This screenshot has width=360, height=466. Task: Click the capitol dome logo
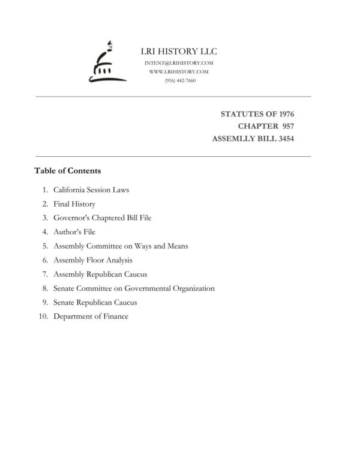click(106, 62)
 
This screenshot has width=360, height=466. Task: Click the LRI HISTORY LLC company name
click(179, 51)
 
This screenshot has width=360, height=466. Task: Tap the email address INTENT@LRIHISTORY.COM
click(179, 63)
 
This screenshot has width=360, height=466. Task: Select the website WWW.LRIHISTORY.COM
click(179, 71)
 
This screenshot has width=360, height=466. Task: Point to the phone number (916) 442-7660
click(179, 80)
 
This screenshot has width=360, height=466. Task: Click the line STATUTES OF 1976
click(257, 113)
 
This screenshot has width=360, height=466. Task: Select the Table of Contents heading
click(67, 171)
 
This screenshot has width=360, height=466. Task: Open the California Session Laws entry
click(91, 190)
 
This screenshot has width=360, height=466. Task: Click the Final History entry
click(74, 204)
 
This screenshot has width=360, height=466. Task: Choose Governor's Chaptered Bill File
click(102, 218)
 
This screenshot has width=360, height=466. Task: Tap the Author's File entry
click(74, 232)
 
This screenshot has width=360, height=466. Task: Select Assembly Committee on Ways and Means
click(121, 246)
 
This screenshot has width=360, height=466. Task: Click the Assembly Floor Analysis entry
click(93, 260)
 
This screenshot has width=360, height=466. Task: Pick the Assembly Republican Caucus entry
click(100, 274)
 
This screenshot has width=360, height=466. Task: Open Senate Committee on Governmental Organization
click(134, 288)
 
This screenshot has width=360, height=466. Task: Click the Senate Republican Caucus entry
click(95, 302)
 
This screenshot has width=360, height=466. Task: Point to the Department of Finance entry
click(91, 316)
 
